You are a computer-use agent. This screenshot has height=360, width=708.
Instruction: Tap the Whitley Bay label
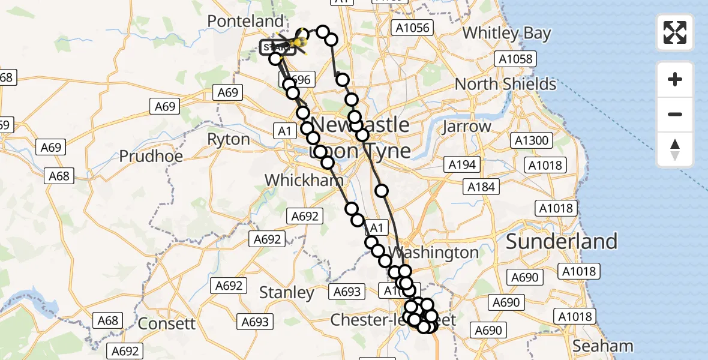(507, 33)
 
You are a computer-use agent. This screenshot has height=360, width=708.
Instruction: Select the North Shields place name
(505, 84)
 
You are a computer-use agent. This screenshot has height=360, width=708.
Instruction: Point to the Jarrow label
(466, 127)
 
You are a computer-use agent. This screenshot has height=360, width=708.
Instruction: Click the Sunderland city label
(562, 241)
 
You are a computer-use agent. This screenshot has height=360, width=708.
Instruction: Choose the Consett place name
(167, 324)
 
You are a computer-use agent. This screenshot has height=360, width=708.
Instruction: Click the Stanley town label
(287, 293)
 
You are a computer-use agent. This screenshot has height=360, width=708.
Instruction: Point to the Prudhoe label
(148, 157)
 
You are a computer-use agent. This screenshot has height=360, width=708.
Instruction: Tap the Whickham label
(304, 180)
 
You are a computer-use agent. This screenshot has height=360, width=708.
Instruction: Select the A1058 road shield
(515, 59)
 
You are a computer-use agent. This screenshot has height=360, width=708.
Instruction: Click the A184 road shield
(482, 187)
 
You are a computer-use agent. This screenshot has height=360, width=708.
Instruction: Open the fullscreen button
(675, 32)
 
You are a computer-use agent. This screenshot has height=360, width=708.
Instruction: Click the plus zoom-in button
(675, 79)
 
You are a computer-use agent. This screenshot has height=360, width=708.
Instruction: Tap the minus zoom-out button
(675, 114)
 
